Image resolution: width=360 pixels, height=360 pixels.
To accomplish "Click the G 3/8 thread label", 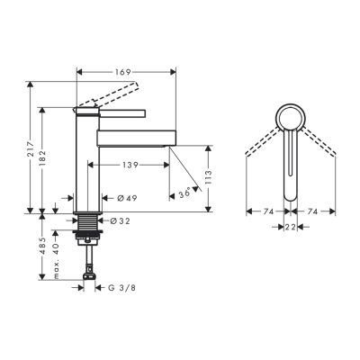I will click(x=123, y=287).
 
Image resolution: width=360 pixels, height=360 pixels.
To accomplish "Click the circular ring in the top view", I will click(x=291, y=117).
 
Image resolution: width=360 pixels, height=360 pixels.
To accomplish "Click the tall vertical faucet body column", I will click(x=86, y=162).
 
